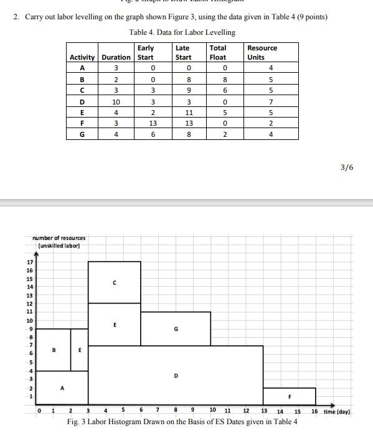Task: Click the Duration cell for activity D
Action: pyautogui.click(x=116, y=101)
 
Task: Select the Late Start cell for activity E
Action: pyautogui.click(x=183, y=113)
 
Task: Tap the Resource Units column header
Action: pyautogui.click(x=262, y=52)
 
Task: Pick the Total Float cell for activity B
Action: pyautogui.click(x=218, y=79)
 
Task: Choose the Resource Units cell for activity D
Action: pyautogui.click(x=270, y=101)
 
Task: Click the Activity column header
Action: pyautogui.click(x=82, y=57)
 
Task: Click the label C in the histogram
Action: pyautogui.click(x=114, y=283)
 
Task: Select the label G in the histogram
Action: pyautogui.click(x=176, y=329)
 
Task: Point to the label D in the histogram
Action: pyautogui.click(x=176, y=376)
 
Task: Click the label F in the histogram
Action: pyautogui.click(x=289, y=396)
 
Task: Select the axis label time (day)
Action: pyautogui.click(x=338, y=412)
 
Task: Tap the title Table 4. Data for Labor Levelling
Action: pyautogui.click(x=182, y=32)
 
